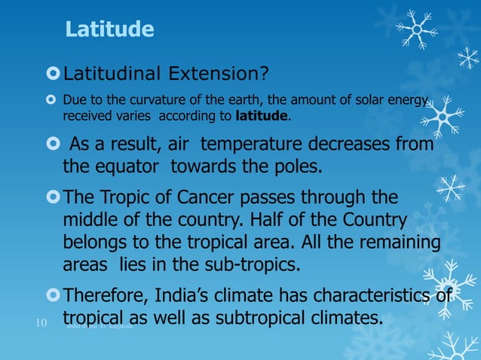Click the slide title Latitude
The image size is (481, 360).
109,30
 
